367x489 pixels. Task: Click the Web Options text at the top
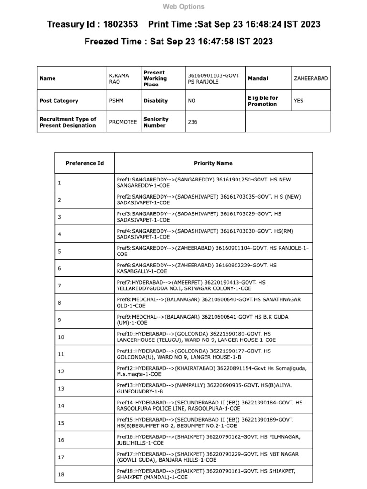(x=183, y=7)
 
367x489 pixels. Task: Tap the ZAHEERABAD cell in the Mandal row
(x=311, y=78)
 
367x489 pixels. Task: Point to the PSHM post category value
(x=116, y=101)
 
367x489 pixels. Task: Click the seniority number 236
(x=193, y=122)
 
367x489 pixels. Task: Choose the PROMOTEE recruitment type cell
(x=123, y=122)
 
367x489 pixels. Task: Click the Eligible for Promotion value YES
(x=299, y=101)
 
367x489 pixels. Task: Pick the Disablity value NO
(x=192, y=101)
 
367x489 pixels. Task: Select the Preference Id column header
(x=85, y=163)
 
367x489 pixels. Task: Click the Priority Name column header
(x=213, y=163)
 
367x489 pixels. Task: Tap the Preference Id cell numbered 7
(x=60, y=286)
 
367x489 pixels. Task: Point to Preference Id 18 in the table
(x=61, y=474)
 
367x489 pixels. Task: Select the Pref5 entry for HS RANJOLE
(x=213, y=251)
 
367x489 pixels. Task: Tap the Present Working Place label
(x=155, y=78)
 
